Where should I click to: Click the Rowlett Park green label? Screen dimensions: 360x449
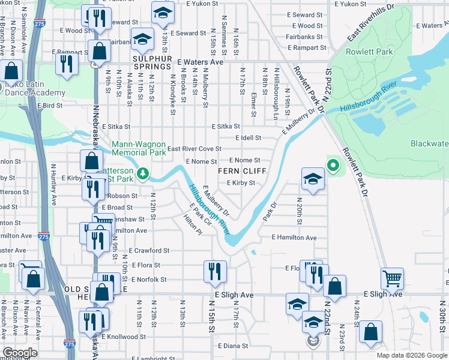click(x=367, y=52)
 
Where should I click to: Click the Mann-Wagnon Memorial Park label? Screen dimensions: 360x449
click(x=139, y=148)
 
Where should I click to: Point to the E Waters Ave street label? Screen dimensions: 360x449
click(x=200, y=62)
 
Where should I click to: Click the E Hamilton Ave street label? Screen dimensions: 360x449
click(x=294, y=238)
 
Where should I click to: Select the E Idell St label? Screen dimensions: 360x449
click(x=248, y=137)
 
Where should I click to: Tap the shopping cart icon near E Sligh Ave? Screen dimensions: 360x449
click(x=392, y=278)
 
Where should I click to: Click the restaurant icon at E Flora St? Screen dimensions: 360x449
click(x=215, y=271)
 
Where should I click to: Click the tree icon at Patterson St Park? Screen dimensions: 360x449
click(x=143, y=175)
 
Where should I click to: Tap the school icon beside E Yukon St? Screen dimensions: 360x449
click(x=161, y=13)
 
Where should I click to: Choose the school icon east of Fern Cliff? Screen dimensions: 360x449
click(x=313, y=179)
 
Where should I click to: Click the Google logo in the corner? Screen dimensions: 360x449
click(x=20, y=353)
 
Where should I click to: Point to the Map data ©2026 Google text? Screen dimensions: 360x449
click(x=412, y=355)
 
